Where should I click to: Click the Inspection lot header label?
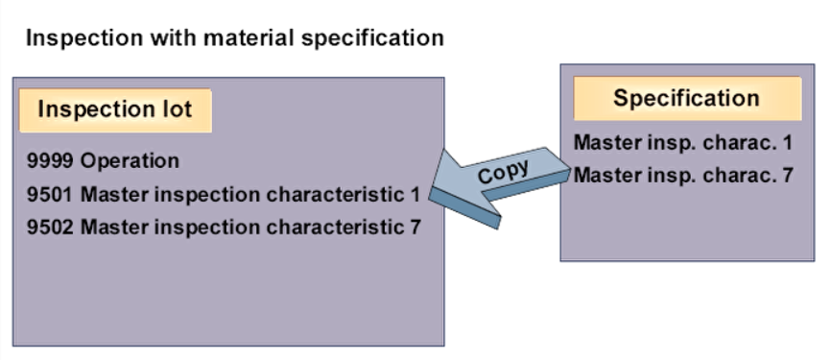(x=115, y=109)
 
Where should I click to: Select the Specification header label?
(x=686, y=98)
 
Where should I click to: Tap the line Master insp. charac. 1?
(x=682, y=143)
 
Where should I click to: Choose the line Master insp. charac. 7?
(x=682, y=176)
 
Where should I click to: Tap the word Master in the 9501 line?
(x=109, y=195)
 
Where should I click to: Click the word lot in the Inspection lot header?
(x=178, y=109)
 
